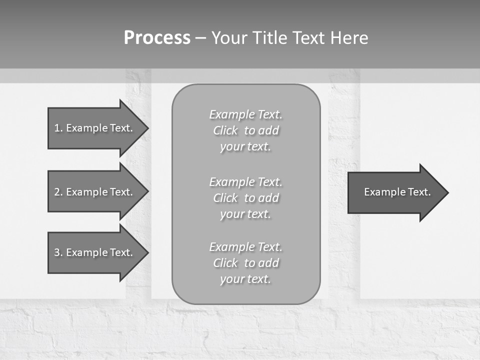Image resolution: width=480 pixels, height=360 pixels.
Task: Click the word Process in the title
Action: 157,38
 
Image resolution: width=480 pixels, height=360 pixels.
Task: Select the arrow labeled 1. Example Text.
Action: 93,128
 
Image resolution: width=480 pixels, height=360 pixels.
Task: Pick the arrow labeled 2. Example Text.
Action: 93,192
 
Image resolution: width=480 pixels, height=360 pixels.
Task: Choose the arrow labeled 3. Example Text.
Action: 93,252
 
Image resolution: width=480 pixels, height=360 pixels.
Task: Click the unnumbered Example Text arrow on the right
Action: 397,192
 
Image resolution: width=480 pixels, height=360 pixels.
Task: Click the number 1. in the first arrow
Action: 58,128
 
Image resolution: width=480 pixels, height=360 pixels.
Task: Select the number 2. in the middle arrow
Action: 58,192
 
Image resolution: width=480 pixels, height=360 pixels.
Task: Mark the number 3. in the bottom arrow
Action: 58,252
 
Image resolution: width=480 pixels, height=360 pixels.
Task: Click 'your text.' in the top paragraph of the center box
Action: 245,146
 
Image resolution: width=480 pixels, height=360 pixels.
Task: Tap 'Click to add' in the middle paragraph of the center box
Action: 245,198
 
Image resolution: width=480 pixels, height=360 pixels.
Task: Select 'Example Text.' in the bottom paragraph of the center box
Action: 245,247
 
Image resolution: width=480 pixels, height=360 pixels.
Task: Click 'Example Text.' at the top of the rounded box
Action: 245,114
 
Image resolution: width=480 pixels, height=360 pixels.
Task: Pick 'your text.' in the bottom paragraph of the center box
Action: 245,279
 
